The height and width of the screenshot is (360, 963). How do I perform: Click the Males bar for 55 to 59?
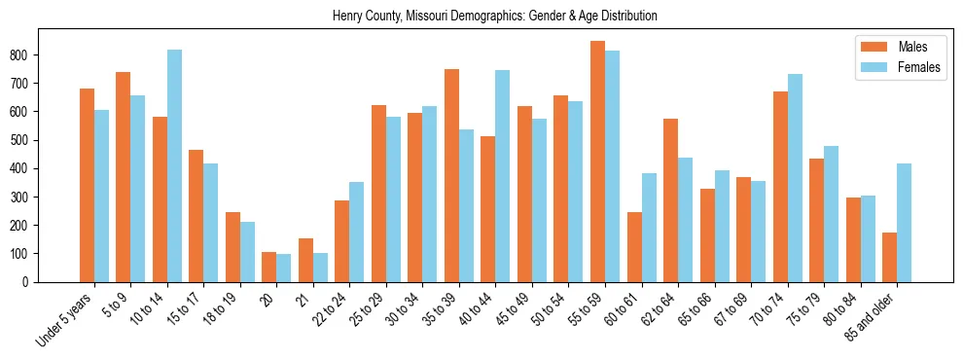pyautogui.click(x=597, y=162)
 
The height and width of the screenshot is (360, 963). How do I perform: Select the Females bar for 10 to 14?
pyautogui.click(x=174, y=165)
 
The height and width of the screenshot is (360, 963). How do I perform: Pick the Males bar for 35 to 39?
pyautogui.click(x=451, y=175)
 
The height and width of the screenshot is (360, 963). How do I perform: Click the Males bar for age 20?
pyautogui.click(x=269, y=267)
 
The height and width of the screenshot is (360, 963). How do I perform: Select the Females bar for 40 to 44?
pyautogui.click(x=502, y=176)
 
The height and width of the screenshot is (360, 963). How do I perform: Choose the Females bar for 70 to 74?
pyautogui.click(x=795, y=178)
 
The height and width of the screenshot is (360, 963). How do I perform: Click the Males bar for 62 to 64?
pyautogui.click(x=670, y=200)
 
